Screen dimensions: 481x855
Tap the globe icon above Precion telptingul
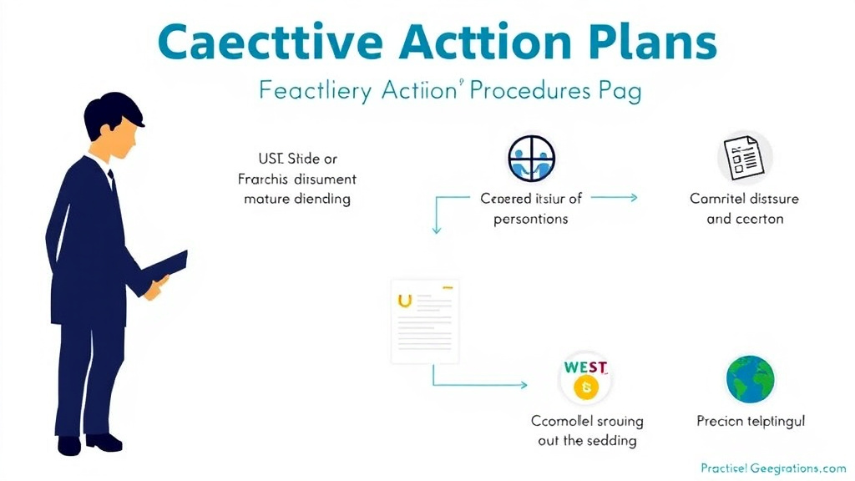750,380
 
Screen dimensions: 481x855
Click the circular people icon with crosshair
532,159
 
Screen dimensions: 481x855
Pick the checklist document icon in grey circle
745,158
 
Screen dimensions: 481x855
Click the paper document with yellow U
426,322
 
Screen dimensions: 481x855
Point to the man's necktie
112,183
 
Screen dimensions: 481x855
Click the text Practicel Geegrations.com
773,468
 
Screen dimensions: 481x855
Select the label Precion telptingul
751,422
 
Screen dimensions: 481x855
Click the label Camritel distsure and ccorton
744,209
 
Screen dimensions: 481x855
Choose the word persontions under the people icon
530,219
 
